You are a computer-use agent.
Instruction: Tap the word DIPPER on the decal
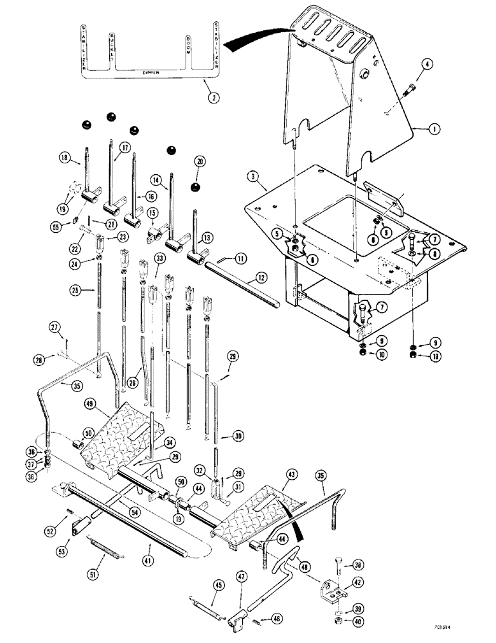(148, 74)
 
